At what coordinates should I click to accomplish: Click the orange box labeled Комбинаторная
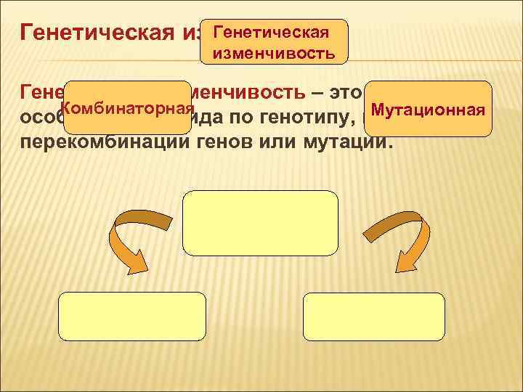(x=132, y=107)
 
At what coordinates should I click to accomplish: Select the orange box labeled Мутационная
(x=428, y=108)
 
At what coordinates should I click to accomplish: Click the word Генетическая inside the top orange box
(x=275, y=33)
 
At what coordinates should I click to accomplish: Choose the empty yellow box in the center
(x=261, y=224)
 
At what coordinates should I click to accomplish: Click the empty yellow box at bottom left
(x=131, y=317)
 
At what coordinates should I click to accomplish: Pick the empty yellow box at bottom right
(x=373, y=317)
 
